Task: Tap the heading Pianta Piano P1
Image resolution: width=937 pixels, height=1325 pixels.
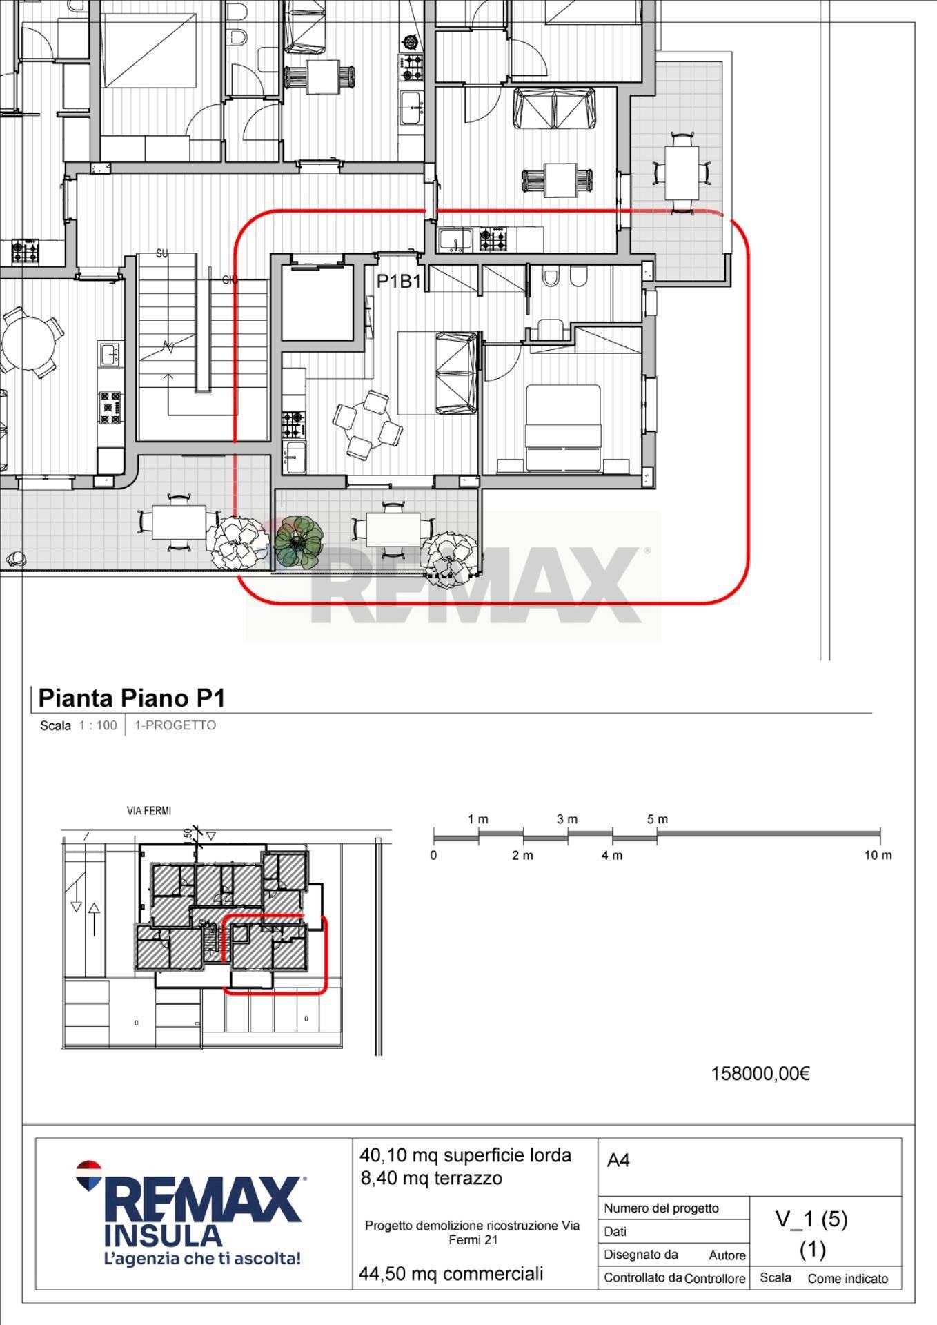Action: coord(132,698)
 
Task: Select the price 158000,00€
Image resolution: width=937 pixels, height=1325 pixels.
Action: coord(760,1073)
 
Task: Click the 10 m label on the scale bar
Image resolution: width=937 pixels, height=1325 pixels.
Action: coord(878,855)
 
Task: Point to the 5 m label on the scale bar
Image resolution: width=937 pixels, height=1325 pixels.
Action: coord(658,819)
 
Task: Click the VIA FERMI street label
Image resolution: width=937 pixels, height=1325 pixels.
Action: coord(149,811)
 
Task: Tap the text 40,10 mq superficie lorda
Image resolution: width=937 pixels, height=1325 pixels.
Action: coord(465,1155)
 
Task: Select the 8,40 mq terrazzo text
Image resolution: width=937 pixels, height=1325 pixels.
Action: coord(431,1178)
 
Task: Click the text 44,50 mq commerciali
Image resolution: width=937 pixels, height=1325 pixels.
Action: coord(451,1274)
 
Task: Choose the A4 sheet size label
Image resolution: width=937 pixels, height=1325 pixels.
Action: coord(618,1161)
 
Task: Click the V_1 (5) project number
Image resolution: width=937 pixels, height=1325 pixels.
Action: coord(811,1219)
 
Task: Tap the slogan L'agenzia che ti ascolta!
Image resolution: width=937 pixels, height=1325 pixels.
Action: coord(201,1259)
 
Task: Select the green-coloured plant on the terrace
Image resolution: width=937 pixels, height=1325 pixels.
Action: coord(299,542)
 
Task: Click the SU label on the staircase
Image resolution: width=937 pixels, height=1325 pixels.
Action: coord(162,253)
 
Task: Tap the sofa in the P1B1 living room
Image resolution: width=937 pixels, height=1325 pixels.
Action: coord(456,373)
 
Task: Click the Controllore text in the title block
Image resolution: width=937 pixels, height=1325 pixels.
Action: coord(715,1279)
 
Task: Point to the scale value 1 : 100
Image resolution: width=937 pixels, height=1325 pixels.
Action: coord(98,725)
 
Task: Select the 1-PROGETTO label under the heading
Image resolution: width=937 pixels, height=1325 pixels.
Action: coord(175,725)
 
